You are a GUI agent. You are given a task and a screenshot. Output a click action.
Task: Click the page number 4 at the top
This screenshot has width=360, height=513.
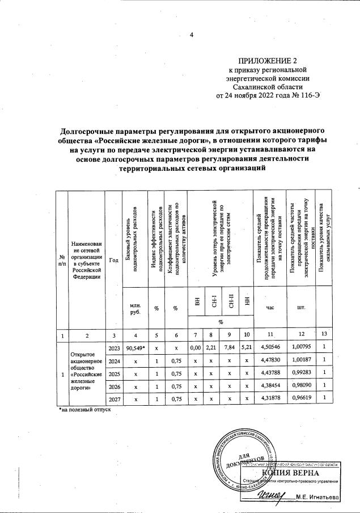[192, 35]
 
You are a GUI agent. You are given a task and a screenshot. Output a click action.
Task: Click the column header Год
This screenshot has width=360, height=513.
[114, 260]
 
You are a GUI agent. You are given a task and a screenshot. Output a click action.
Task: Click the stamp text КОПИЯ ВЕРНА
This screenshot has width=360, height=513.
[289, 473]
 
